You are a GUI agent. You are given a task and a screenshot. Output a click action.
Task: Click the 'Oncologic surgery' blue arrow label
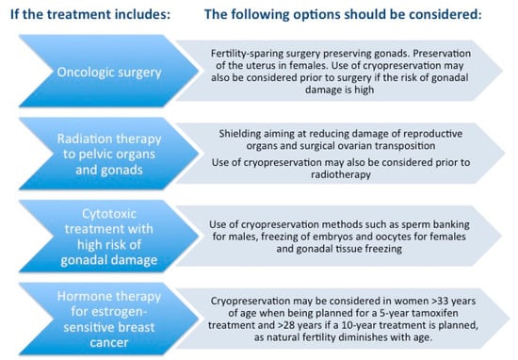pyautogui.click(x=109, y=71)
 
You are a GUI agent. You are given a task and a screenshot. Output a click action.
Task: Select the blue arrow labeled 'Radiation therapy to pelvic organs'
pyautogui.click(x=109, y=154)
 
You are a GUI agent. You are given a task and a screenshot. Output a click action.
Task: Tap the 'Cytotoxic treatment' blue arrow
pyautogui.click(x=109, y=236)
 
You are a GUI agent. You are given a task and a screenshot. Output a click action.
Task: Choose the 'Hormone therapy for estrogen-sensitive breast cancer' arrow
pyautogui.click(x=109, y=319)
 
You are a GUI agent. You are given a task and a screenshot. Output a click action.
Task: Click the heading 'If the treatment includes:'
pyautogui.click(x=90, y=14)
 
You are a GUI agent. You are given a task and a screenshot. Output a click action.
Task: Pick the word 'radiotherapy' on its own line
pyautogui.click(x=341, y=174)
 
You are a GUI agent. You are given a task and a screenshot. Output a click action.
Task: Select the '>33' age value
pyautogui.click(x=440, y=302)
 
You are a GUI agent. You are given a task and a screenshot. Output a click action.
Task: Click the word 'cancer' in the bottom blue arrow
pyautogui.click(x=109, y=343)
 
